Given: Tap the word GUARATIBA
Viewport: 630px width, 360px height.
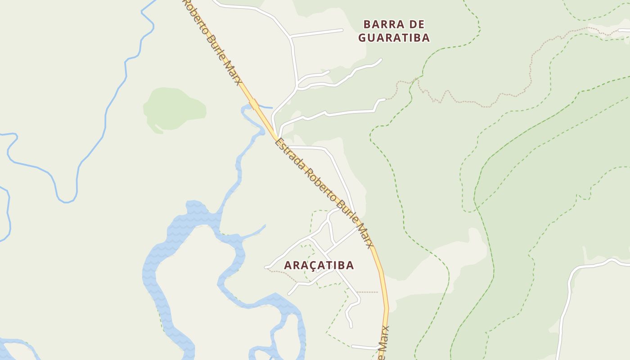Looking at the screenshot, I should tap(394, 38).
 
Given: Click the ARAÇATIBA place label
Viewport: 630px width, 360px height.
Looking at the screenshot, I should tap(319, 265).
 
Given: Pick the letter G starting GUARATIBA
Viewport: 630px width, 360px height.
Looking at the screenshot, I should tap(362, 38).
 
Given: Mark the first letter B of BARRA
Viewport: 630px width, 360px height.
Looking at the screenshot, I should tap(367, 24).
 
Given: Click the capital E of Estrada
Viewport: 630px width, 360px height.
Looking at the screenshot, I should tap(279, 144).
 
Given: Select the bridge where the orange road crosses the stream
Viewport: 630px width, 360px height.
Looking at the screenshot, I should tap(254, 104).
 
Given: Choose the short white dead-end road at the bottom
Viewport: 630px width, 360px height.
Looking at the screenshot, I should tap(364, 347).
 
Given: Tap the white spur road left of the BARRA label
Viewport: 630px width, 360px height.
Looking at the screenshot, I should tap(317, 32).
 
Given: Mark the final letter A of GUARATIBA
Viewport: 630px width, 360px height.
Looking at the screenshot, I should tap(426, 38).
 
